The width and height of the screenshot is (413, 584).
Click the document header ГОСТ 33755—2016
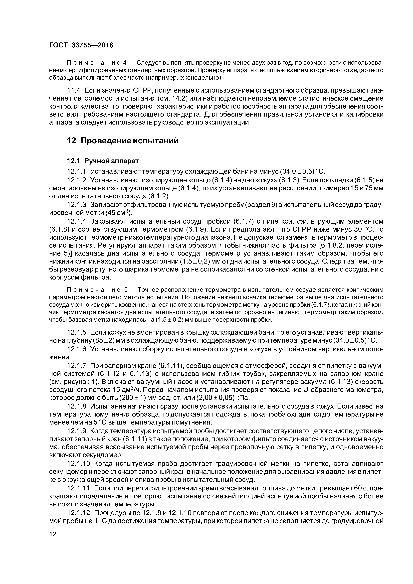[81, 45]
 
